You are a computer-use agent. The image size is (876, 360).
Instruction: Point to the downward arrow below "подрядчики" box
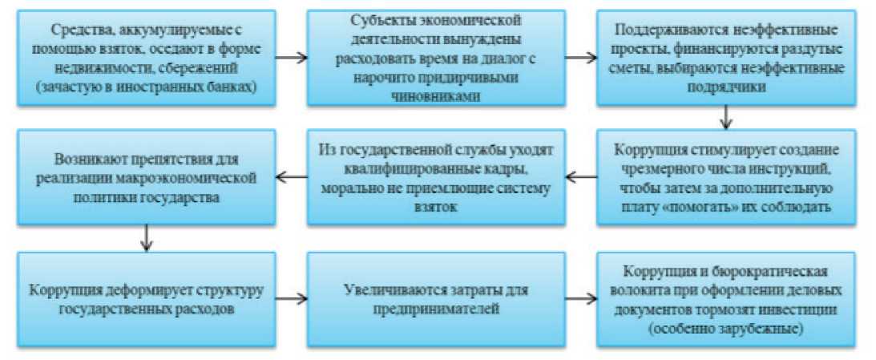pyautogui.click(x=726, y=119)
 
